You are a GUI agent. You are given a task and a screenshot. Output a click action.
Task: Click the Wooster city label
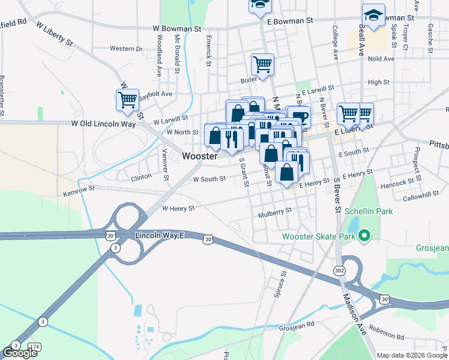(199, 156)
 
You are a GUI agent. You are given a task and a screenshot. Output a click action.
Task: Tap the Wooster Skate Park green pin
(364, 236)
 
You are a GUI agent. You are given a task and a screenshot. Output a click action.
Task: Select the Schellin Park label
(369, 212)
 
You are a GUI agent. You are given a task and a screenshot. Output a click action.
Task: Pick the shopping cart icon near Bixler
(262, 64)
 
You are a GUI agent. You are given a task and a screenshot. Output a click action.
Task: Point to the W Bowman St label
(176, 28)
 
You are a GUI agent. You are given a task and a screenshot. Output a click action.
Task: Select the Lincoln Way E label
(159, 236)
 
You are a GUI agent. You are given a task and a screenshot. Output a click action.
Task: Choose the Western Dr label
(126, 49)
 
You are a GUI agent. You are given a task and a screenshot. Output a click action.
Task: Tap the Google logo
(20, 353)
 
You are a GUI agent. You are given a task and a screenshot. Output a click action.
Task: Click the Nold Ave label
(381, 59)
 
